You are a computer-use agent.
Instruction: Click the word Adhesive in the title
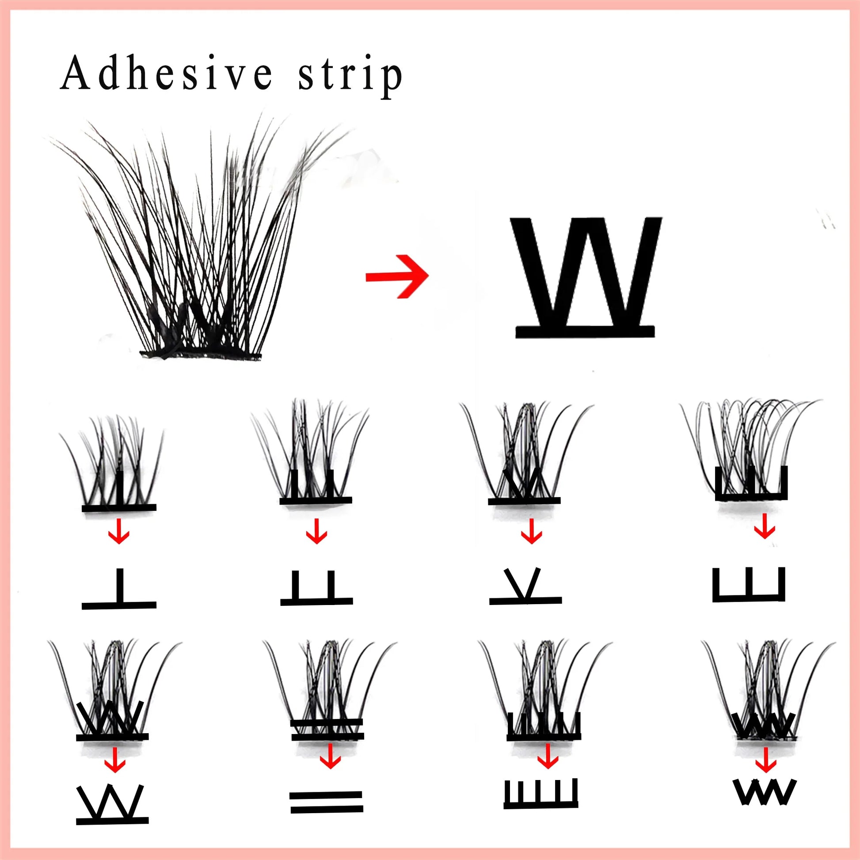(x=166, y=73)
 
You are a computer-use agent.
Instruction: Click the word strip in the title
(x=350, y=76)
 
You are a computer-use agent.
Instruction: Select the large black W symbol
(x=585, y=276)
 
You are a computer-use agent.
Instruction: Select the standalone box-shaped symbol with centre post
(x=749, y=585)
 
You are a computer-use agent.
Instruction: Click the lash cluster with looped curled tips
(x=748, y=449)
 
